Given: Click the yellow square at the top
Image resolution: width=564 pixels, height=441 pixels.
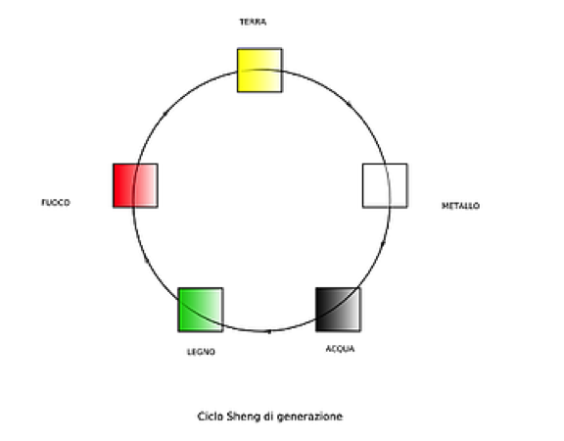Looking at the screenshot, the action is [x=259, y=71].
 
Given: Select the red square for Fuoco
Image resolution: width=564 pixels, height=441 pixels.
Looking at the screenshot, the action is [x=135, y=186].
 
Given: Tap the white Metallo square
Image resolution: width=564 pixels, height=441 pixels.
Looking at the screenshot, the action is [x=385, y=186].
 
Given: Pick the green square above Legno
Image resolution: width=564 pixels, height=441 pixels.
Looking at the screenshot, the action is [x=201, y=310].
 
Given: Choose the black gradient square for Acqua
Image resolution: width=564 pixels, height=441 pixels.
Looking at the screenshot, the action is [x=338, y=310].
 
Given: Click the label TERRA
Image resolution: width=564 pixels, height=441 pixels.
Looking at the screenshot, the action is [x=253, y=22].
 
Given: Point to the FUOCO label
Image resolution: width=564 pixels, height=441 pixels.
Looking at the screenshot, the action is [x=56, y=203].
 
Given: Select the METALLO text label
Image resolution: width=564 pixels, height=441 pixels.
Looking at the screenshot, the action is [x=460, y=206].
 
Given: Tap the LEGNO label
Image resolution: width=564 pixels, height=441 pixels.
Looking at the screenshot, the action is [x=201, y=352].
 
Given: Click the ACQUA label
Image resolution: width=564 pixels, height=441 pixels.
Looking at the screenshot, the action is [x=341, y=349].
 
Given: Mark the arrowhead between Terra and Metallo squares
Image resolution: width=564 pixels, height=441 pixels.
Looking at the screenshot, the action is [x=350, y=105].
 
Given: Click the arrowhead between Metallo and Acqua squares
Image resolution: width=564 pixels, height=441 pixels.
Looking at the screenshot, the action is [x=383, y=244].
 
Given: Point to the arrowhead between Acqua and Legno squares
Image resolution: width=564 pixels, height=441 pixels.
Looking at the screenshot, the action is [x=269, y=331].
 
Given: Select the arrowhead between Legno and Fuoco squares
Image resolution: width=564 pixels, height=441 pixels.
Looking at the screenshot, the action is [x=146, y=260].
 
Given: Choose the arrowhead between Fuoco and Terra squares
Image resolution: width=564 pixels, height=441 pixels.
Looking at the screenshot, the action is [x=165, y=114].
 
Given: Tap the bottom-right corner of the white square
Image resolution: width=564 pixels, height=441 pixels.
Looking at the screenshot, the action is [x=407, y=208].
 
